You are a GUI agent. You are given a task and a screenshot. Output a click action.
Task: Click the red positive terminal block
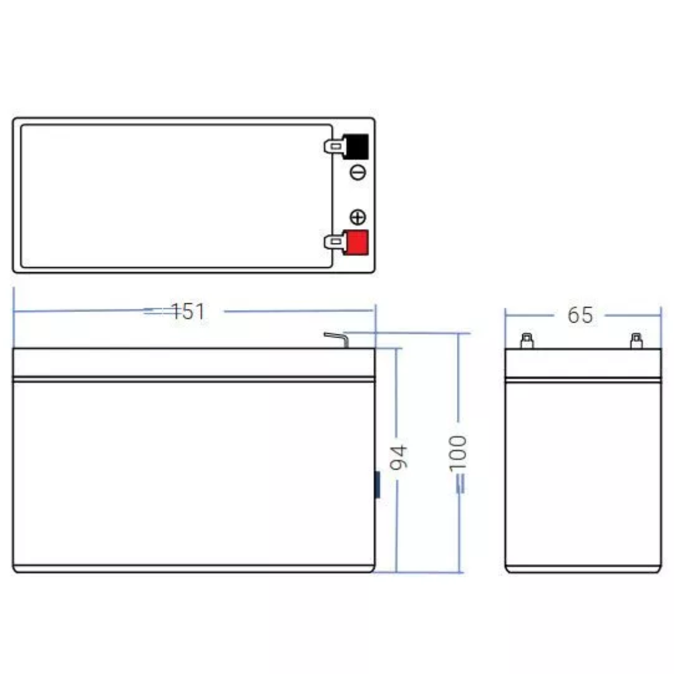pos(356,243)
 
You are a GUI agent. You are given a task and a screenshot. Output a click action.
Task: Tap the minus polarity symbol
pos(358,173)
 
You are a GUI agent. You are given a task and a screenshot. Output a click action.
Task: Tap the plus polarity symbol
pos(358,217)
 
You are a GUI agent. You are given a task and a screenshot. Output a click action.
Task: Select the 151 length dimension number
pos(188,311)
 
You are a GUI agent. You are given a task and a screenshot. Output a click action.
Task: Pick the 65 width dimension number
pos(580,315)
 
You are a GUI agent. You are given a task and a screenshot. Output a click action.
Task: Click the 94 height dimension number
pos(398,457)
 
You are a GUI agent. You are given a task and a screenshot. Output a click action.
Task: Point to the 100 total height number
pos(458,454)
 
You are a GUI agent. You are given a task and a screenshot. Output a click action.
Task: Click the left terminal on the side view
pos(527,341)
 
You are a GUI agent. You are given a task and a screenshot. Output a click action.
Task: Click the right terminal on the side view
pos(637,341)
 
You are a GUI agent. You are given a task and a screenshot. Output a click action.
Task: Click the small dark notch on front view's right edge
pos(377,485)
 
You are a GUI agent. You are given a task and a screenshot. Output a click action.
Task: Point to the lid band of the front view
pos(193,363)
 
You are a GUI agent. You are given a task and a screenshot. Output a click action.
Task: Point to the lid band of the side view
pos(582,363)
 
